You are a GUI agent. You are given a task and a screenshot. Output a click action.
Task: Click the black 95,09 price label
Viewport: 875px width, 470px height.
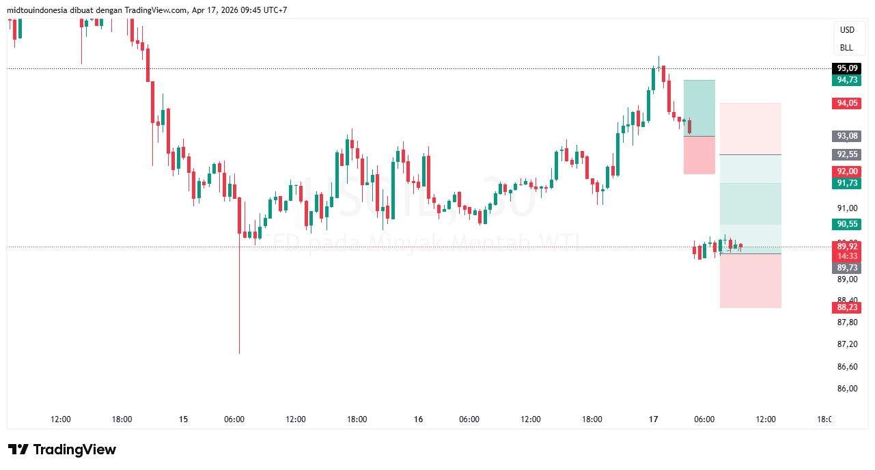pos(846,68)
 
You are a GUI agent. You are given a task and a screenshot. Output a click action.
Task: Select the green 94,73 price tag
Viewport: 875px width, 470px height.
pos(846,80)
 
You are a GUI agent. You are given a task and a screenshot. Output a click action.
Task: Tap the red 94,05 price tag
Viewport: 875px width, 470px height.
pos(846,103)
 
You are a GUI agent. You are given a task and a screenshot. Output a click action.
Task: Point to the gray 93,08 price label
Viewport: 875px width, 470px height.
pos(846,136)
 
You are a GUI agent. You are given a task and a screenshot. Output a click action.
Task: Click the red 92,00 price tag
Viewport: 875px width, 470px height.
pos(846,171)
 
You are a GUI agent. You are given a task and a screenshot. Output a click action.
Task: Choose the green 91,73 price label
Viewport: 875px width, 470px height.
pos(846,183)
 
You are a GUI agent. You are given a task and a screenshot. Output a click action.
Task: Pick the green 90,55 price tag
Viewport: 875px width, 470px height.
pos(846,224)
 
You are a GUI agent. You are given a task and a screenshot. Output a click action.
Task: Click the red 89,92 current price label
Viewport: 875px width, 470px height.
pos(846,246)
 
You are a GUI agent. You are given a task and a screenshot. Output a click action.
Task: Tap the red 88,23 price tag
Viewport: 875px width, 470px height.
pos(846,307)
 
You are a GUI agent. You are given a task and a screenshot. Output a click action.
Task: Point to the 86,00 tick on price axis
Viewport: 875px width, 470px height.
pos(846,389)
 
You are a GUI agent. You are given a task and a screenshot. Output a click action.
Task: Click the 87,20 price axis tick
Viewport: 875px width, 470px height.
pos(846,344)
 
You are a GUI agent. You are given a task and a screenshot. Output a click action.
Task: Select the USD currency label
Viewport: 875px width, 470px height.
pos(847,30)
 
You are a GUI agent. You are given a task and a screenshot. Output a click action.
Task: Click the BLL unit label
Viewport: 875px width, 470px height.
pos(847,48)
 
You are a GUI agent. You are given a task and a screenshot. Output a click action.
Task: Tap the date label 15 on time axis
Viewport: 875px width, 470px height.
pos(183,419)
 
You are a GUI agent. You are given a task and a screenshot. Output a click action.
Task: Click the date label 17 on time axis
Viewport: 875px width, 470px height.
pos(653,419)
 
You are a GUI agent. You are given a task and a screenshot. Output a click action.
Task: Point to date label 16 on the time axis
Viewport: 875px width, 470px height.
pos(418,419)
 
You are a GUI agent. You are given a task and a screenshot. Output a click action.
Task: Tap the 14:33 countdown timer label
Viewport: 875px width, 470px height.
pos(846,255)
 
